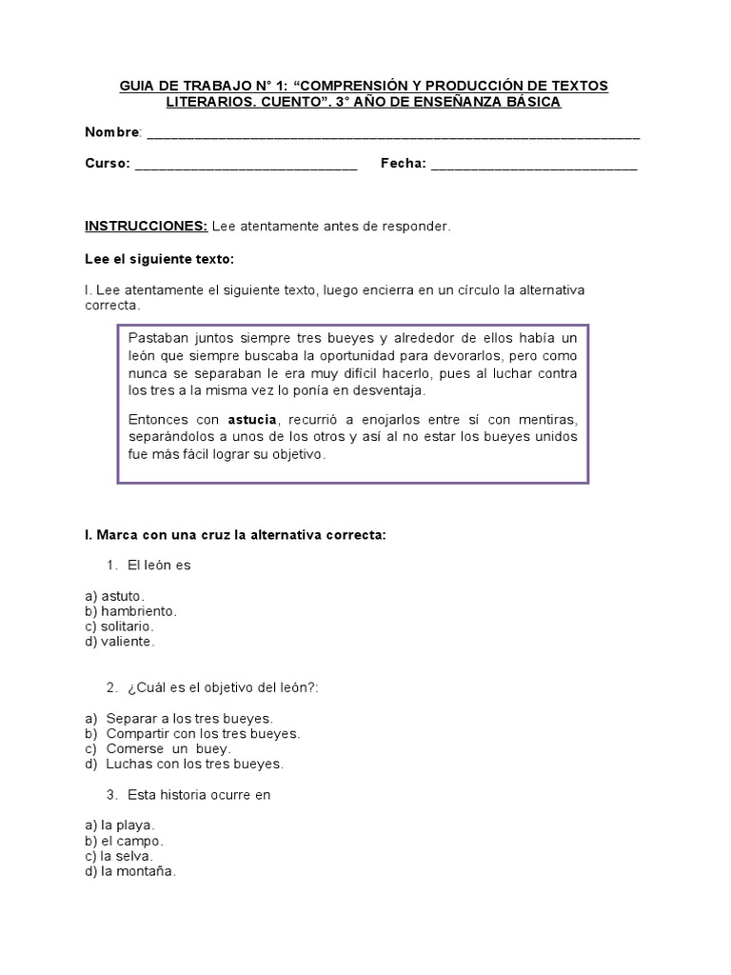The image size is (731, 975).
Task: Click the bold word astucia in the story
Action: tap(251, 421)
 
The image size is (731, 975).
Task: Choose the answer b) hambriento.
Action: tap(130, 610)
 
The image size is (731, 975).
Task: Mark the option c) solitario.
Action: tap(119, 626)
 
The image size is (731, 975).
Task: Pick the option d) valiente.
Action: tap(119, 641)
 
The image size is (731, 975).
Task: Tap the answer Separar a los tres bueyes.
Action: tap(189, 718)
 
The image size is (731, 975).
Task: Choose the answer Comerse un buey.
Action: tap(168, 748)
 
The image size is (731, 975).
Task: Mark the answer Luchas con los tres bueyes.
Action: tap(194, 764)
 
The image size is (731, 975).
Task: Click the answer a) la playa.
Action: tap(119, 826)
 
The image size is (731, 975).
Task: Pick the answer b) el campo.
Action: tap(124, 841)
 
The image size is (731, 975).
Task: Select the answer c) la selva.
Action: tap(119, 856)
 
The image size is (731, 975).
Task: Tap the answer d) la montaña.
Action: tap(130, 871)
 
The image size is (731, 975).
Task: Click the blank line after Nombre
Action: tap(392, 134)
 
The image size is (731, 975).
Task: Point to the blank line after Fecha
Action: tap(534, 166)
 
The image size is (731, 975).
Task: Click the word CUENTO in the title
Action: tap(224, 102)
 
